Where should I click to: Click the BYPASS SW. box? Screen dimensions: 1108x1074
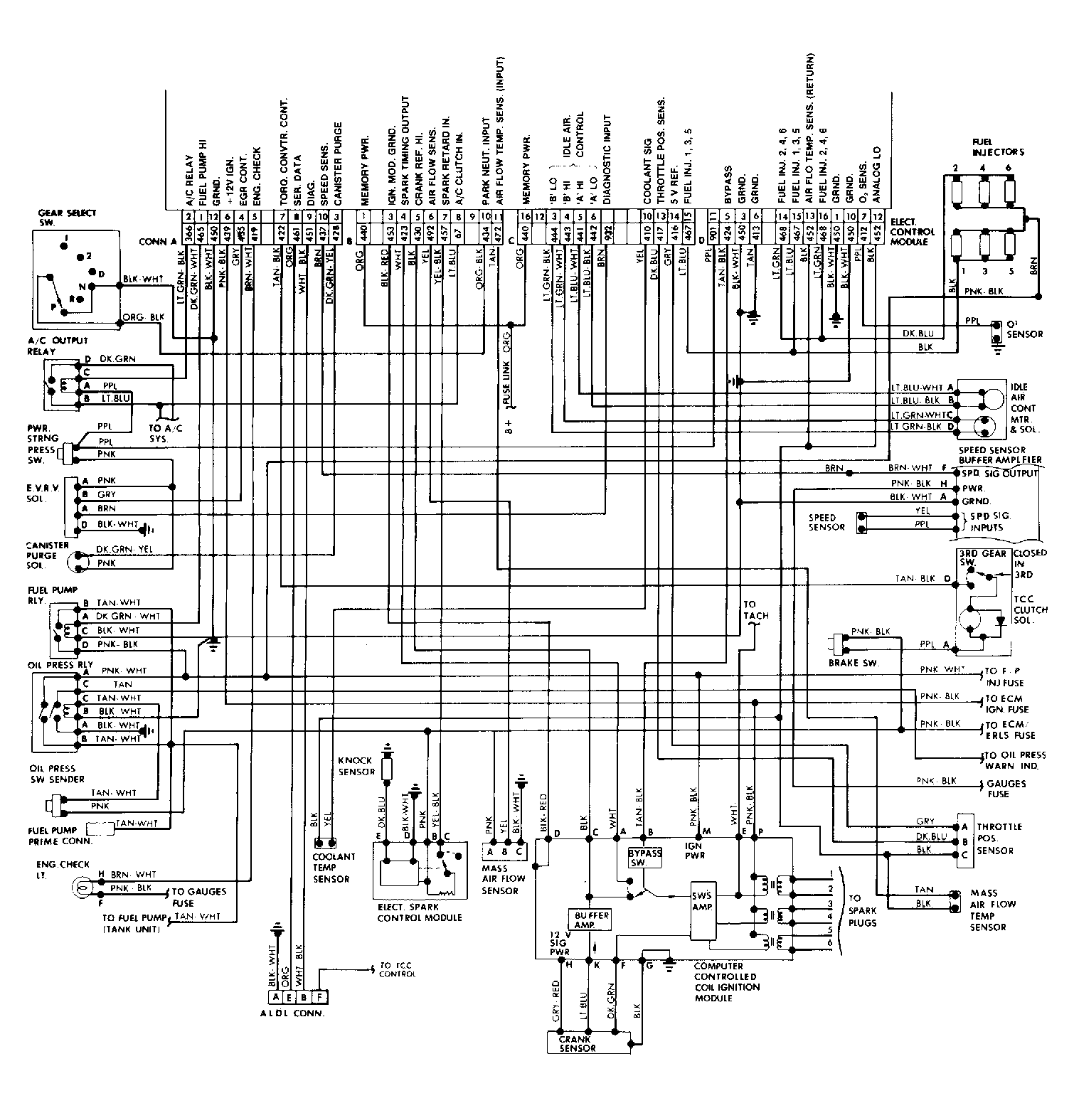click(x=644, y=856)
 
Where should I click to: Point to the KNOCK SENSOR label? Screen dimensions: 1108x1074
click(x=356, y=766)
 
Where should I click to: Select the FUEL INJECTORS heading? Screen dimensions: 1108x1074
click(x=998, y=147)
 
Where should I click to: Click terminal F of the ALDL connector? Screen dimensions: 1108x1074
click(x=319, y=997)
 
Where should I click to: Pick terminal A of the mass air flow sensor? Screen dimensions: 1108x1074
click(x=490, y=851)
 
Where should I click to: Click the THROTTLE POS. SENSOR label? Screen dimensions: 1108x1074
click(x=999, y=838)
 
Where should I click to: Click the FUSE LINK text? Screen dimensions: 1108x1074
click(x=506, y=388)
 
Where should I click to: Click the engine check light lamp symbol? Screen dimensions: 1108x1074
click(x=81, y=886)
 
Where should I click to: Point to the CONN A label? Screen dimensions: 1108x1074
click(x=157, y=241)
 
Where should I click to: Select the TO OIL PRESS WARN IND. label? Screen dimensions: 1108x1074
click(x=1014, y=760)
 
